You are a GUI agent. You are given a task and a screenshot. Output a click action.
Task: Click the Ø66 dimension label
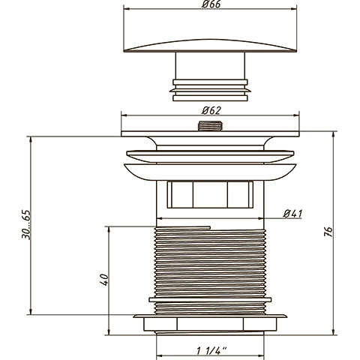point(211,4)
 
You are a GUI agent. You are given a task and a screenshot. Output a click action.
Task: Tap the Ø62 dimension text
point(211,110)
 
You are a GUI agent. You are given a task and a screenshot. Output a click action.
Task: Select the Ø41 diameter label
point(292,214)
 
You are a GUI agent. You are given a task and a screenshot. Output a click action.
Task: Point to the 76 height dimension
point(328,232)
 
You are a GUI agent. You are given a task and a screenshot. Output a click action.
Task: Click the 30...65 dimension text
point(26,224)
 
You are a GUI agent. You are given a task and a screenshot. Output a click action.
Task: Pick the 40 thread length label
point(104,280)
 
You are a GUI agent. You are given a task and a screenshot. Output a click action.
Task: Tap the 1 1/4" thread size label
point(211,351)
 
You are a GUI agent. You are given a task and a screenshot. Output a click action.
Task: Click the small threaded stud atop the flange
point(210,126)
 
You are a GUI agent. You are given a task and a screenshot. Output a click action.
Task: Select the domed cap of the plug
point(210,46)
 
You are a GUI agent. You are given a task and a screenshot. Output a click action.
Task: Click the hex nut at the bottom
point(210,323)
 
